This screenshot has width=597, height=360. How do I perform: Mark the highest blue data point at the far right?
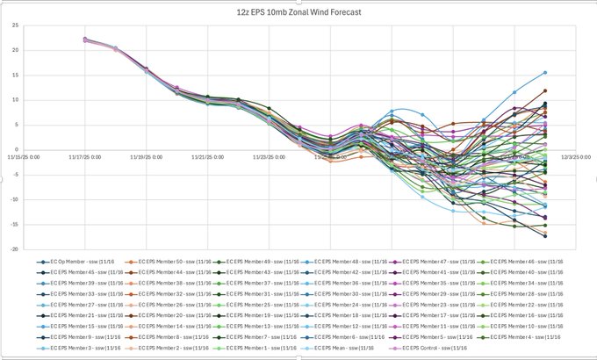coord(544,73)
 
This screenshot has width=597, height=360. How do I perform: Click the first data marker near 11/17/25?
coord(85,40)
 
